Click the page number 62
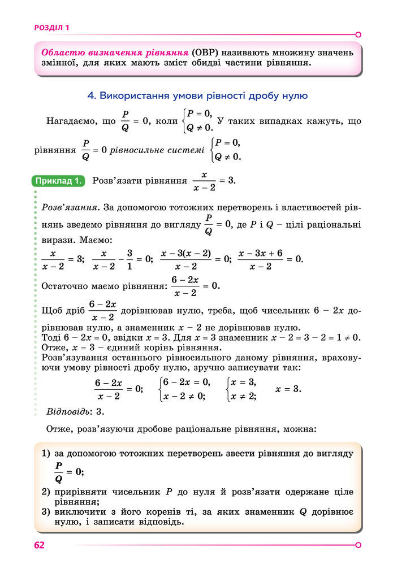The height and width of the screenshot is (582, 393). [x=39, y=545]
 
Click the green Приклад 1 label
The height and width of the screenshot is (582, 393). [x=59, y=181]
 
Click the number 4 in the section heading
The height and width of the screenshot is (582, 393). [x=91, y=96]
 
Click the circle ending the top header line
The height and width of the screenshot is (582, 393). [x=359, y=34]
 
